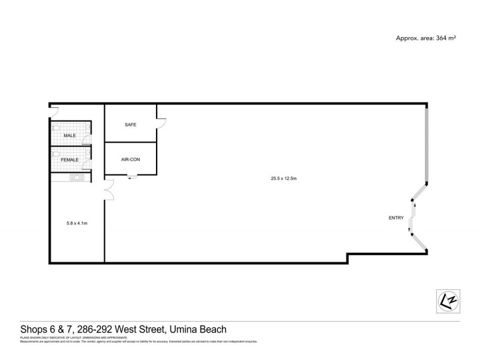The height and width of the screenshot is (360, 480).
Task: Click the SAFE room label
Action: [x=130, y=125]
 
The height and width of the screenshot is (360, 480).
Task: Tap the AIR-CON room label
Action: [x=130, y=160]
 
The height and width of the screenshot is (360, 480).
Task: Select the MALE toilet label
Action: [x=70, y=136]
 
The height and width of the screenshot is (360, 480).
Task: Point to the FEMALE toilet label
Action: [x=70, y=160]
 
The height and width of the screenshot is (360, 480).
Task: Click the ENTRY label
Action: [x=396, y=218]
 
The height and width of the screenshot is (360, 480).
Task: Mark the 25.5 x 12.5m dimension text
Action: [x=285, y=178]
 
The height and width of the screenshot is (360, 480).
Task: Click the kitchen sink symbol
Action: [x=76, y=177]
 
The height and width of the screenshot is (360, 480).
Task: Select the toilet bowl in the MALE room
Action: [x=56, y=128]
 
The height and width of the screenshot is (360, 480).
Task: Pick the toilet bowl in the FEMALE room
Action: [x=56, y=154]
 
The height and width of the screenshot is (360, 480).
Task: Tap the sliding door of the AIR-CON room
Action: [x=132, y=177]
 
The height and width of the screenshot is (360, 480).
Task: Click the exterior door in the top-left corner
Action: [x=53, y=110]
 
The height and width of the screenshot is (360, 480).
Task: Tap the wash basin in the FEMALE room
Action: [x=89, y=154]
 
